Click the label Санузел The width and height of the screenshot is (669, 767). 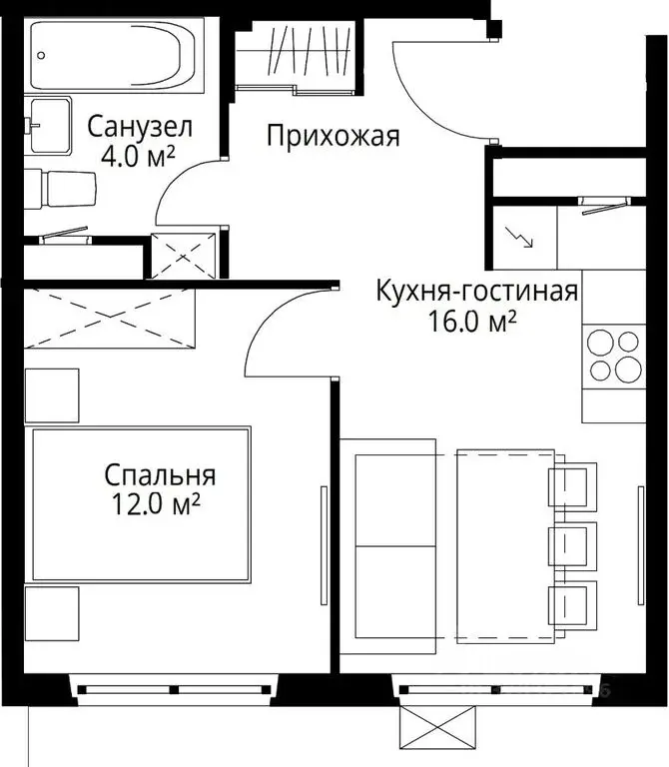pos(139,127)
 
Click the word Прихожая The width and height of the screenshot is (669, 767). pos(333,136)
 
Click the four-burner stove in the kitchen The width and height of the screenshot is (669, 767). pos(613,356)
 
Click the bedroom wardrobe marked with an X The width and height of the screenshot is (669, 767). pos(107,318)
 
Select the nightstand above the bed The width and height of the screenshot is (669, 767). pos(51,395)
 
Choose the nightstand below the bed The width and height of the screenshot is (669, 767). pos(51,613)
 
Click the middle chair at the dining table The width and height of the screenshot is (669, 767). pos(572,547)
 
